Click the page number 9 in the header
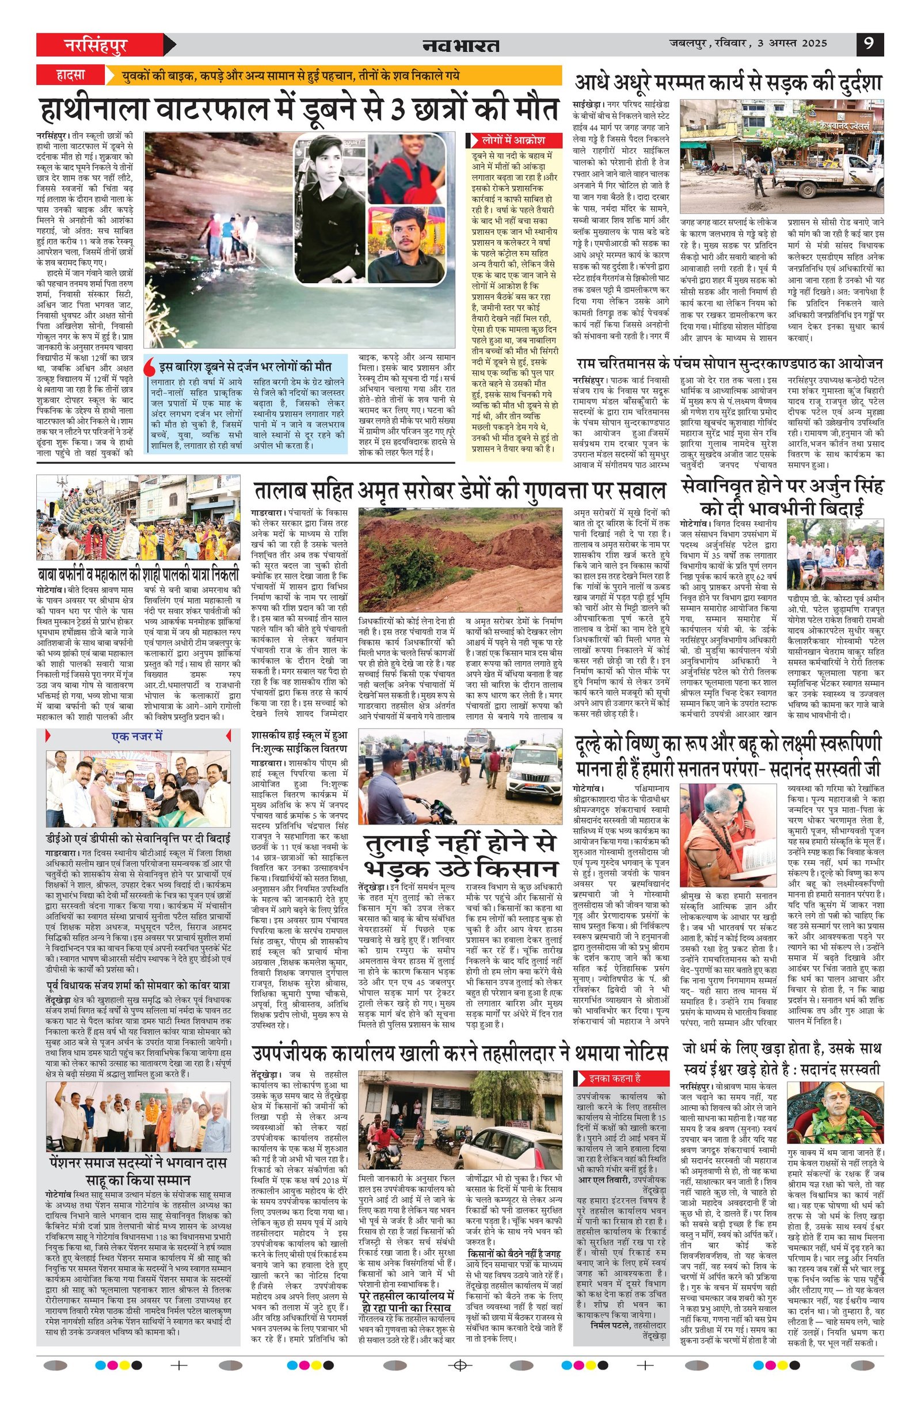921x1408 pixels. pos(870,44)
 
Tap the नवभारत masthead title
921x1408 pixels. pos(461,45)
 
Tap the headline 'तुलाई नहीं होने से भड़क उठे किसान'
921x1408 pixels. pos(461,855)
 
